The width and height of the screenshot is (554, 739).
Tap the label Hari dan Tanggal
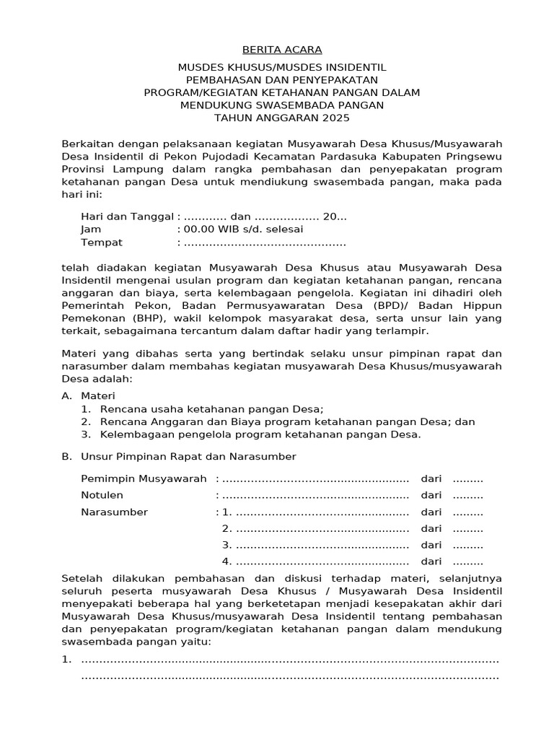128,217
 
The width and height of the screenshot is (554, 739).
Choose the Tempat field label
102,242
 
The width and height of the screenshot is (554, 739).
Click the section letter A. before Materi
67,396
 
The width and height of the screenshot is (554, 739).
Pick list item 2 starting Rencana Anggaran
278,421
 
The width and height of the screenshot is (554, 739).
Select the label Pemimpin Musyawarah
144,479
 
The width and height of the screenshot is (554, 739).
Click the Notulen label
102,495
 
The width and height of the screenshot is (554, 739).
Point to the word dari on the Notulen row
431,495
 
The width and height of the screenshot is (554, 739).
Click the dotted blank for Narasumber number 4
322,561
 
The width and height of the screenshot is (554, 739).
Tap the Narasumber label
115,512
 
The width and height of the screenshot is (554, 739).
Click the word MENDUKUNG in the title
213,105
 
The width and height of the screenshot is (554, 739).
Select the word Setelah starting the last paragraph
82,578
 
